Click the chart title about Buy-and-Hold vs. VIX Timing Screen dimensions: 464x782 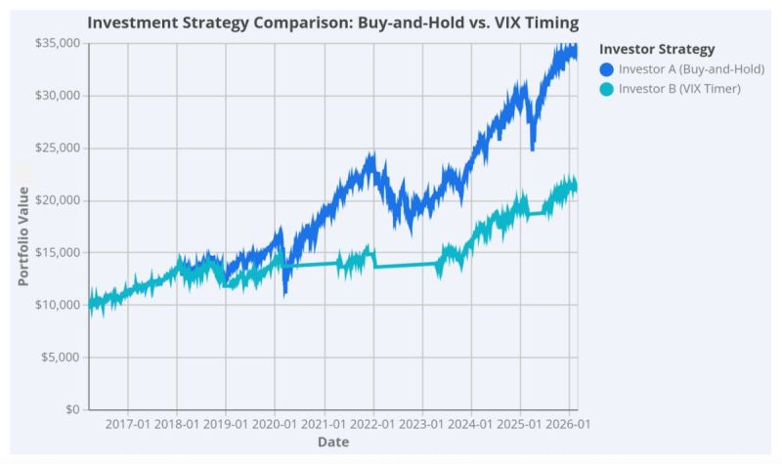pyautogui.click(x=332, y=21)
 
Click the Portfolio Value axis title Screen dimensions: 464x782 pyautogui.click(x=22, y=236)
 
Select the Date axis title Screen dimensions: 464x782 pyautogui.click(x=332, y=443)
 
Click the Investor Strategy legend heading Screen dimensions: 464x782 pyautogui.click(x=657, y=49)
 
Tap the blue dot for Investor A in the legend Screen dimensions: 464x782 pyautogui.click(x=606, y=69)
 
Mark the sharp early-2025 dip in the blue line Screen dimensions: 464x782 pyautogui.click(x=533, y=148)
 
